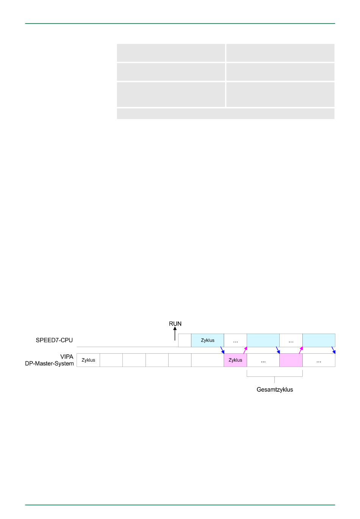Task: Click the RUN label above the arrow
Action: pyautogui.click(x=175, y=324)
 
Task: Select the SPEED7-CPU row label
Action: pyautogui.click(x=54, y=340)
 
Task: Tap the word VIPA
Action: pyautogui.click(x=67, y=357)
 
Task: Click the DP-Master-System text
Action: pyautogui.click(x=50, y=364)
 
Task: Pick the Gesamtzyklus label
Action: pyautogui.click(x=275, y=390)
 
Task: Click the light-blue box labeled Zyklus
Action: pyautogui.click(x=208, y=340)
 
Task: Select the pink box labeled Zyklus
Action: pyautogui.click(x=235, y=360)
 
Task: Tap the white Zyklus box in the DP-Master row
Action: pyautogui.click(x=88, y=360)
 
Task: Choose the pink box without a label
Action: pyautogui.click(x=291, y=360)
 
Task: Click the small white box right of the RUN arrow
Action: pyautogui.click(x=185, y=340)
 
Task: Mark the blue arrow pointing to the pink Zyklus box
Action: pyautogui.click(x=222, y=350)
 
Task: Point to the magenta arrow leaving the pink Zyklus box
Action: pyautogui.click(x=245, y=350)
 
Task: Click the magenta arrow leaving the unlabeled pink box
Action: pyautogui.click(x=301, y=350)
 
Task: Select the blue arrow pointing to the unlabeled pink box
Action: pyautogui.click(x=278, y=350)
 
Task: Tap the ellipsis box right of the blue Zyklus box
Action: pyautogui.click(x=235, y=340)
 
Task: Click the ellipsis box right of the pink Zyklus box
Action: pyautogui.click(x=263, y=360)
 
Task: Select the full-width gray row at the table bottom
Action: pyautogui.click(x=225, y=114)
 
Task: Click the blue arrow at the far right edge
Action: pyautogui.click(x=333, y=350)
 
